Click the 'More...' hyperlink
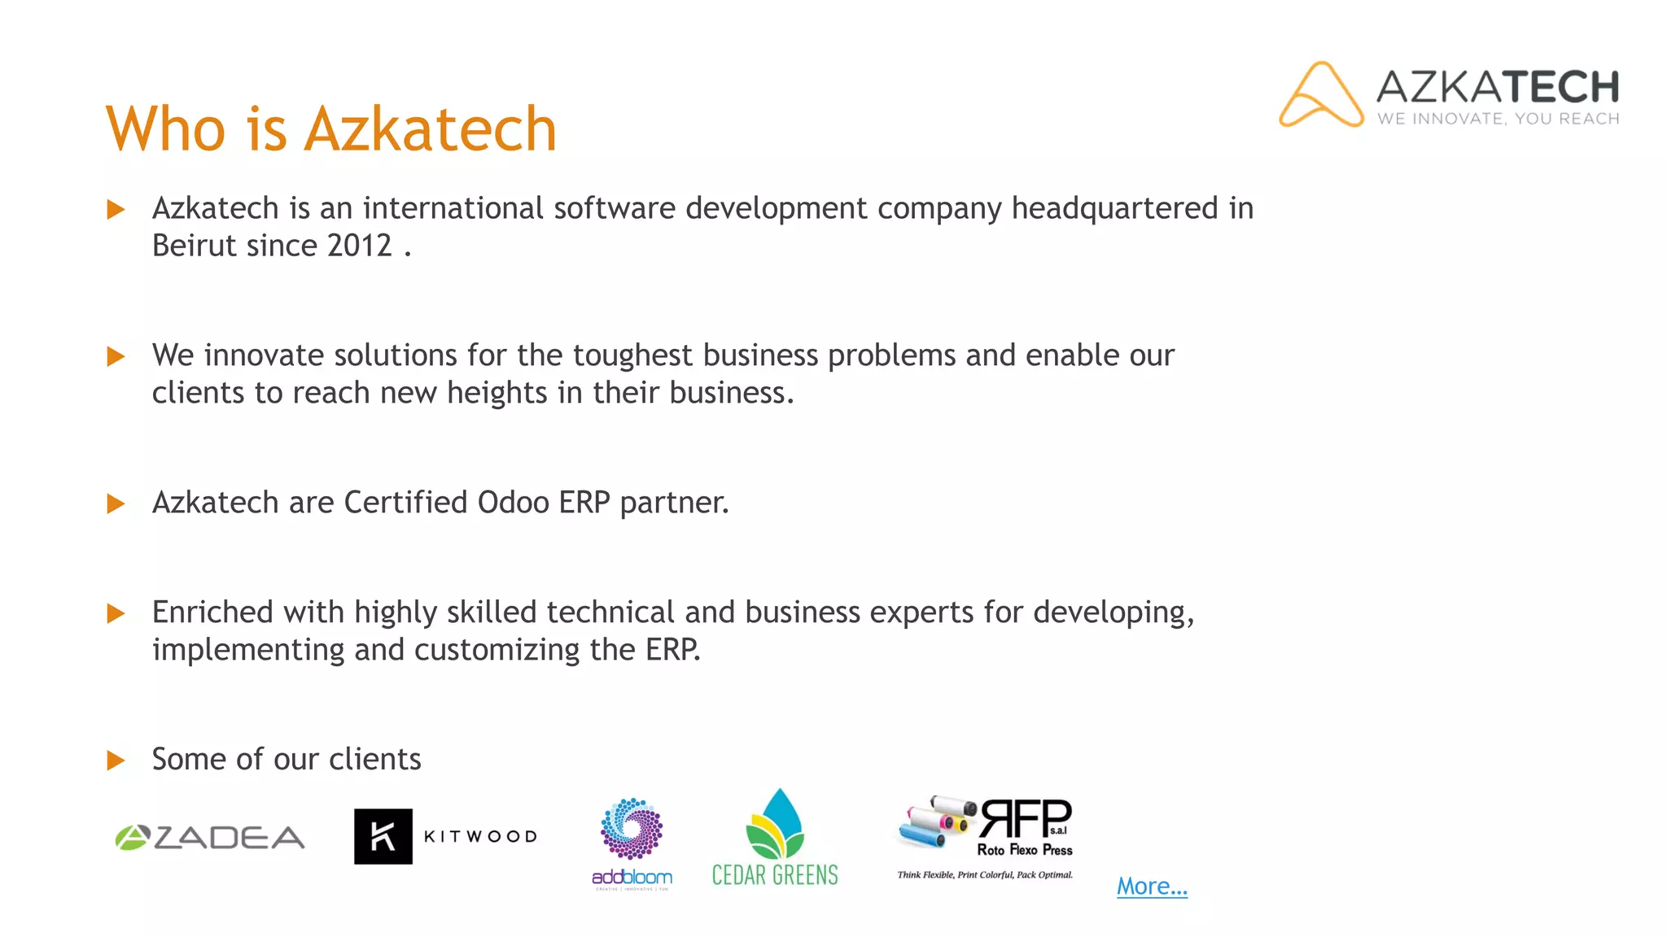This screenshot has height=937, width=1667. coord(1151,886)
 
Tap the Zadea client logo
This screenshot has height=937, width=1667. coord(210,838)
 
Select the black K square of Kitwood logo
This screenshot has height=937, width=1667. coord(383,836)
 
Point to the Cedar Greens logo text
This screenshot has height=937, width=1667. coord(774,875)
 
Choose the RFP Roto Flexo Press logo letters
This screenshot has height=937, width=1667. coord(1026,818)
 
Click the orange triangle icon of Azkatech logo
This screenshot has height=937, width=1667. coord(1320,95)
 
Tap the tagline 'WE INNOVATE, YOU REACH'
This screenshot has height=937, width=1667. coord(1498,119)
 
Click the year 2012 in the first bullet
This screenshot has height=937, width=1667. coord(359,246)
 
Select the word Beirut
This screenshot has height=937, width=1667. coord(200,246)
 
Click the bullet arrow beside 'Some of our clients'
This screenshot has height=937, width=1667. coord(116,760)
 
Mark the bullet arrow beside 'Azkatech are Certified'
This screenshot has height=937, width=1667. coord(116,504)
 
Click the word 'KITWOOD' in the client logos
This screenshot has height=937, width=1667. coord(480,837)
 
